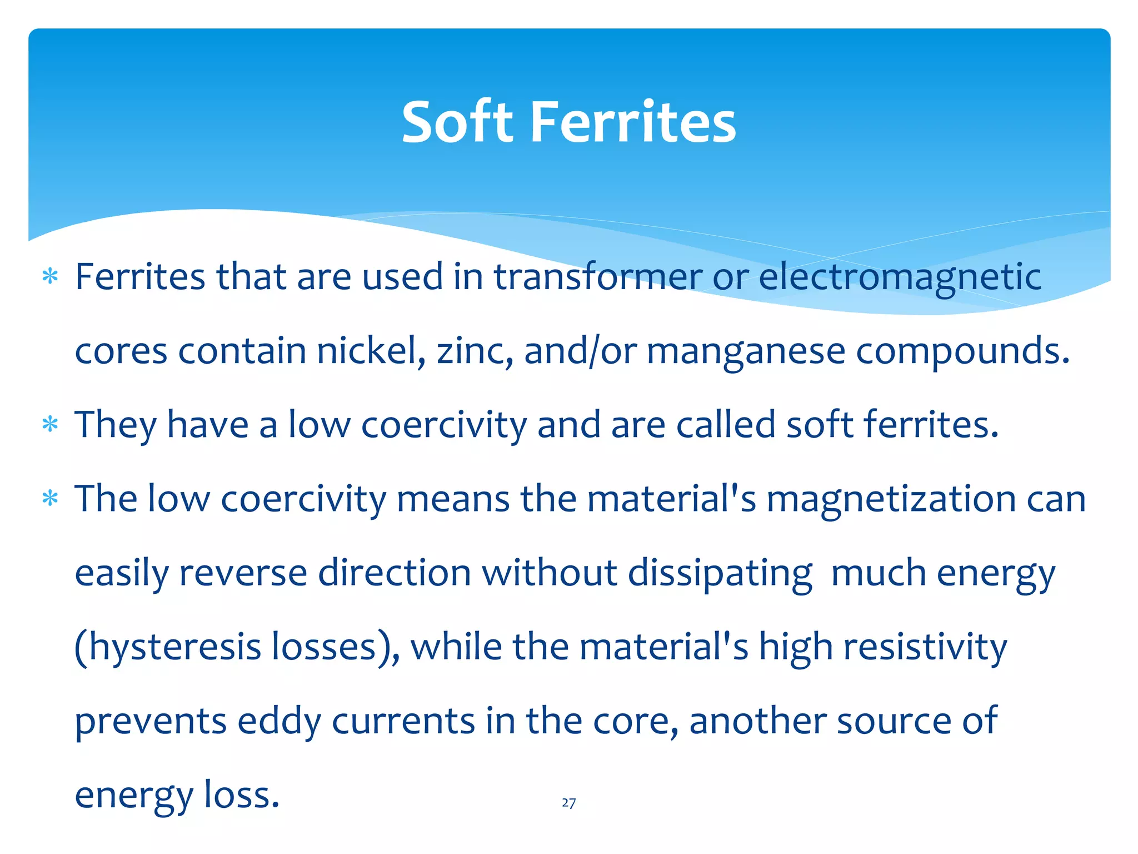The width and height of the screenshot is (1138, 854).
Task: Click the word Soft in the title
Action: coord(457,122)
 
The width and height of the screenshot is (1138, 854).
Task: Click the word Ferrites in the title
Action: coord(633,122)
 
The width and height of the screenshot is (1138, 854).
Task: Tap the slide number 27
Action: coord(568,803)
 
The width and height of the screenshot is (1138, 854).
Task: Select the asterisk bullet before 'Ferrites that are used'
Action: coord(50,276)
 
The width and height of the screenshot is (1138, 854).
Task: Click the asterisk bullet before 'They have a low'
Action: coord(50,425)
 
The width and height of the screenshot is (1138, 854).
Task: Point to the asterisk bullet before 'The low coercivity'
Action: coord(50,499)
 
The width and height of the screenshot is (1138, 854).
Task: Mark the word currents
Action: coord(403,722)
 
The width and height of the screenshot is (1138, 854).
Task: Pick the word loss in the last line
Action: coord(241,795)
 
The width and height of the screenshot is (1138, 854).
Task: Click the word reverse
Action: coord(243,573)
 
